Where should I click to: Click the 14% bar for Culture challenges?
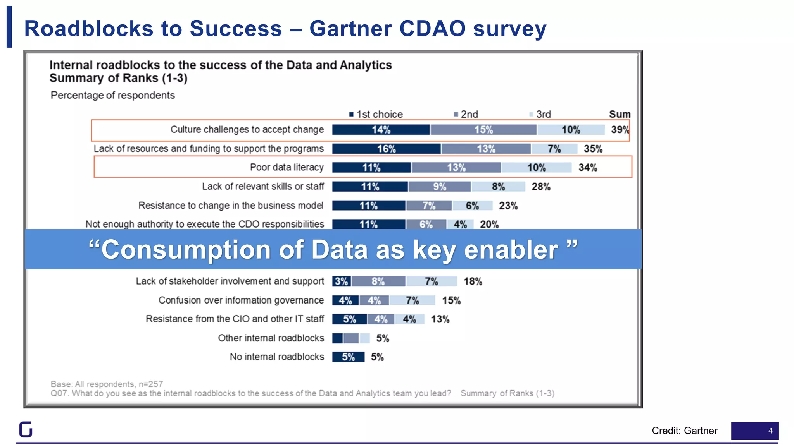tap(381, 130)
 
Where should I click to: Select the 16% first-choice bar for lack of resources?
tap(386, 149)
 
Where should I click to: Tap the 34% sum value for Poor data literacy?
tap(588, 168)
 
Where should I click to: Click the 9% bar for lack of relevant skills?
tap(440, 187)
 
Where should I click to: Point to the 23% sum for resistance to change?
tap(508, 206)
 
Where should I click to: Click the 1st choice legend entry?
tap(376, 114)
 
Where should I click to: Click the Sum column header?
tap(619, 114)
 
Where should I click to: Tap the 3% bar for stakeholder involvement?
tap(341, 281)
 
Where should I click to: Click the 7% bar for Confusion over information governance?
tap(412, 300)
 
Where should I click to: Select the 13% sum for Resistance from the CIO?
tap(440, 319)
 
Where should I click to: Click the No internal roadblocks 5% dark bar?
tap(348, 357)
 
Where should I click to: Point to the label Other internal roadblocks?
tap(271, 338)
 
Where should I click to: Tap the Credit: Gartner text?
tap(684, 431)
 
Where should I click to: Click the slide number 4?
tap(770, 431)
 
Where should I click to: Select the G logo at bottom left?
tap(26, 429)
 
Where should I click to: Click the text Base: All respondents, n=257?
tap(107, 384)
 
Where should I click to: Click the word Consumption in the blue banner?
tap(186, 250)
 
